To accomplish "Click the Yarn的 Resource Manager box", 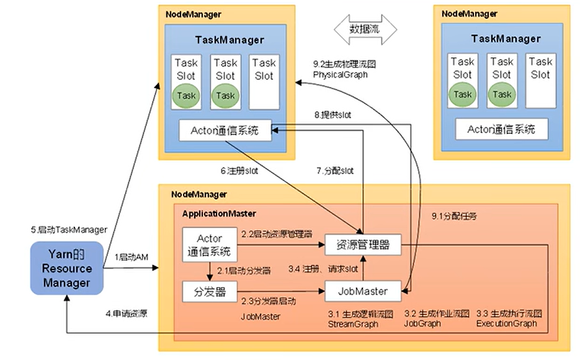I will (67, 269).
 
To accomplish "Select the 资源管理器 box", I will (363, 245).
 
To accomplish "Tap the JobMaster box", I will (363, 290).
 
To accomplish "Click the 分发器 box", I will (210, 290).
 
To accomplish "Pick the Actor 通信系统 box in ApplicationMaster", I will (210, 245).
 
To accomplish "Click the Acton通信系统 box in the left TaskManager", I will (225, 130).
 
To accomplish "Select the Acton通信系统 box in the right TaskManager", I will (501, 130).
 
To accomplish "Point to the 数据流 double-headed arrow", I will (365, 29).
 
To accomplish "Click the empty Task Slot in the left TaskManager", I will (264, 81).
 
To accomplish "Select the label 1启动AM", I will (131, 257).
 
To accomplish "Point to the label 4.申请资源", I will (126, 313).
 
